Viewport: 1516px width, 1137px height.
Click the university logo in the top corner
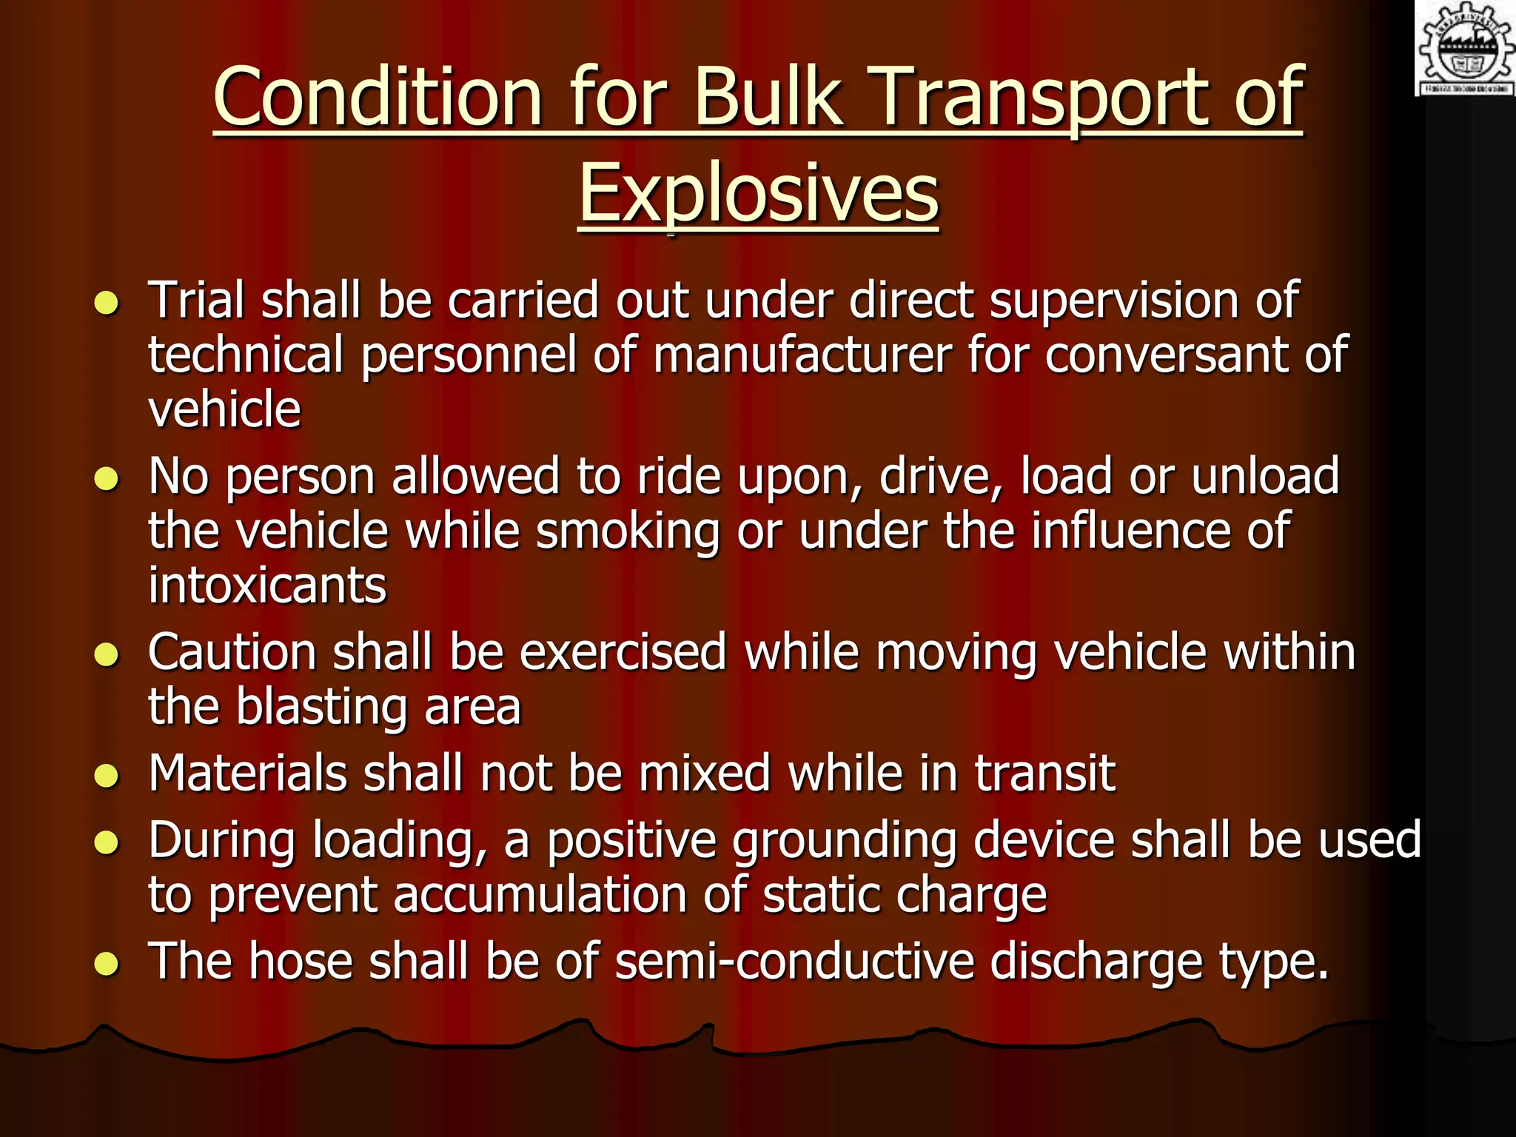[x=1465, y=48]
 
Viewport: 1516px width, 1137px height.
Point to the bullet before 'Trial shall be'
[x=107, y=303]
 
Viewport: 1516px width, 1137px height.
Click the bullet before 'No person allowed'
[x=107, y=479]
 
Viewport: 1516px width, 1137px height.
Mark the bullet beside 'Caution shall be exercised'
[x=107, y=654]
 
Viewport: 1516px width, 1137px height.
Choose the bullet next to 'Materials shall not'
[x=107, y=776]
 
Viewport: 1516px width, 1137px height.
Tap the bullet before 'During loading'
[x=107, y=842]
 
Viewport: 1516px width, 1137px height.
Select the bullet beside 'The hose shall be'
[x=107, y=963]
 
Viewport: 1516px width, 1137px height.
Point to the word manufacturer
[x=802, y=355]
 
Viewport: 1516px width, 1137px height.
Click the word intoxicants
[x=267, y=586]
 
